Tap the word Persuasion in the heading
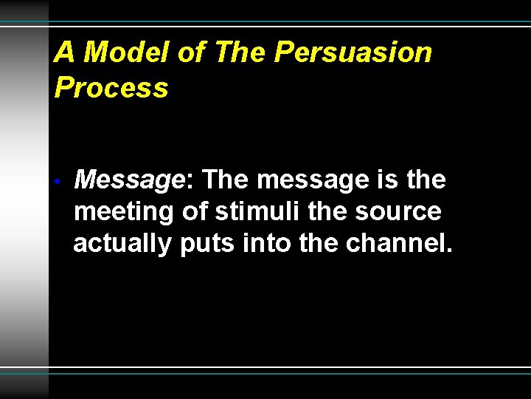click(x=353, y=52)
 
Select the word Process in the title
click(x=111, y=88)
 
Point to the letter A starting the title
click(x=65, y=52)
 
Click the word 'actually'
click(x=122, y=244)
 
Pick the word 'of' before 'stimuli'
click(x=195, y=212)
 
